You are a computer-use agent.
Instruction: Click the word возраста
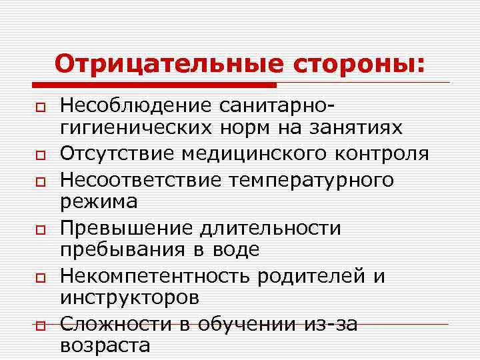click(105, 345)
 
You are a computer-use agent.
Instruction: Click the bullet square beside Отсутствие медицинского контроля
click(41, 155)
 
